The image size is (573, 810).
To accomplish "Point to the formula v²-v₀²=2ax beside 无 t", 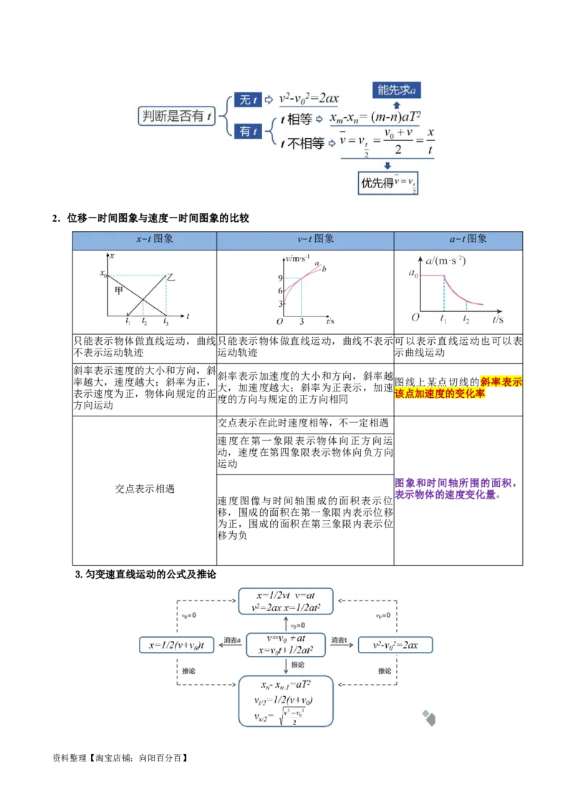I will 309,99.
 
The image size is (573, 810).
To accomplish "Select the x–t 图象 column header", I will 145,240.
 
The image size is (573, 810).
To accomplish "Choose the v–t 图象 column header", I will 305,240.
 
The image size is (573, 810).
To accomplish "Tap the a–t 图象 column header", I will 461,240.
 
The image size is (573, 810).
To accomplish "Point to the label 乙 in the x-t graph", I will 170,277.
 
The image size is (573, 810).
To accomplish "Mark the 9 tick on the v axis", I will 281,278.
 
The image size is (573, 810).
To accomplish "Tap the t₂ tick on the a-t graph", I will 466,320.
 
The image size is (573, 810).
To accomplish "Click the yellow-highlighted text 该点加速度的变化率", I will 440,394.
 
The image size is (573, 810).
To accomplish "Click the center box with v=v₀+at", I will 286,645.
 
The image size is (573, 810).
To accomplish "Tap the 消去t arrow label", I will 339,640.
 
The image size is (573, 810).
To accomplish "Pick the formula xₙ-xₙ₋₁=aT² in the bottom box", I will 286,685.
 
